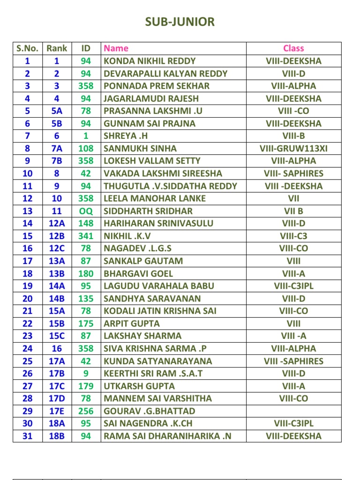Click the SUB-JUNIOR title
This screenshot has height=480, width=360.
tap(180, 22)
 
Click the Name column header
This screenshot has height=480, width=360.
tap(116, 48)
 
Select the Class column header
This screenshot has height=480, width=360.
tap(293, 48)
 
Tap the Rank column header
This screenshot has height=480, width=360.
tap(57, 48)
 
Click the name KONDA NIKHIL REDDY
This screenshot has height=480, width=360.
tap(150, 61)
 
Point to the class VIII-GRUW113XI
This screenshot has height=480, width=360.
tap(293, 149)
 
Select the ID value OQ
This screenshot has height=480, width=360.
tap(86, 211)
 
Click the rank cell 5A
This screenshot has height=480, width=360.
tap(57, 111)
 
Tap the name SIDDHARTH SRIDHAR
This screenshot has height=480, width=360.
tap(148, 211)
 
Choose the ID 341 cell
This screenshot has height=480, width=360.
tap(86, 236)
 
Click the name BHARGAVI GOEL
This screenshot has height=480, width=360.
tap(138, 273)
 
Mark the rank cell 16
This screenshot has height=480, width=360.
tap(57, 348)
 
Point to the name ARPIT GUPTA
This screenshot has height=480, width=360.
tap(132, 323)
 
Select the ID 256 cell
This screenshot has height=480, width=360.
tap(86, 411)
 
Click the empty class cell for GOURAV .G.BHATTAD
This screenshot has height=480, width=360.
tap(293, 411)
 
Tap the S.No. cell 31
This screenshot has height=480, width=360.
tap(27, 436)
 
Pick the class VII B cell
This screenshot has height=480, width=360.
tap(293, 211)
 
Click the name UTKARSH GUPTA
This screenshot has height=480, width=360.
tap(139, 386)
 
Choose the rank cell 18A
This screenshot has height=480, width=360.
tap(57, 423)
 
